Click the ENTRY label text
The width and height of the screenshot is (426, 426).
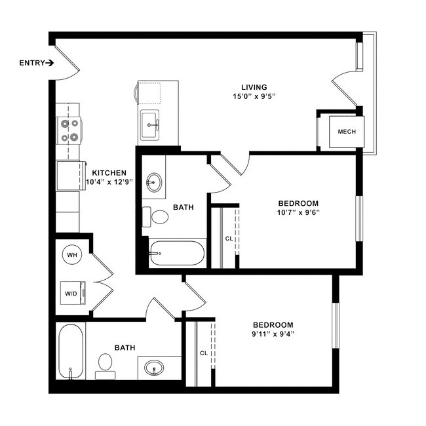pyautogui.click(x=31, y=64)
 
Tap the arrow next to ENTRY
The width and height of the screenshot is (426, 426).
pyautogui.click(x=50, y=64)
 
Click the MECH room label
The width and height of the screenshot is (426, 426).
pyautogui.click(x=347, y=132)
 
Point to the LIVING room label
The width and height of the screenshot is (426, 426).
pyautogui.click(x=254, y=87)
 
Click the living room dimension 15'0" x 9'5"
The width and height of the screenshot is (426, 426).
pyautogui.click(x=254, y=97)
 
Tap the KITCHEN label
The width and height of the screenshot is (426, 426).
pyautogui.click(x=109, y=173)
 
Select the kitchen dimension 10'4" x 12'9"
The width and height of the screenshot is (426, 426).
pyautogui.click(x=109, y=183)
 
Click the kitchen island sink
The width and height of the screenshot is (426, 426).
pyautogui.click(x=150, y=123)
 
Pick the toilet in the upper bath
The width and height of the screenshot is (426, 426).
pyautogui.click(x=158, y=216)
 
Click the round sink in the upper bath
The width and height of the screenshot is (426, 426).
pyautogui.click(x=155, y=182)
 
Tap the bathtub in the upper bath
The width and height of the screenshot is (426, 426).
pyautogui.click(x=176, y=253)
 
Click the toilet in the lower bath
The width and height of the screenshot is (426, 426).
pyautogui.click(x=105, y=365)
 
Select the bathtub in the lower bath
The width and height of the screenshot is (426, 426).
pyautogui.click(x=70, y=353)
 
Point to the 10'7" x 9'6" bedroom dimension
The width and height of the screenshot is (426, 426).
pyautogui.click(x=298, y=212)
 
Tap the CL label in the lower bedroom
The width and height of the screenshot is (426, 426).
pyautogui.click(x=204, y=353)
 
